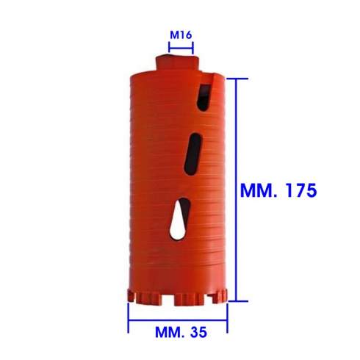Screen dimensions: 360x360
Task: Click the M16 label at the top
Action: click(181, 35)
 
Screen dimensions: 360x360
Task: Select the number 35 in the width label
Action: click(198, 332)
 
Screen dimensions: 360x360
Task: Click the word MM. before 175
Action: click(259, 190)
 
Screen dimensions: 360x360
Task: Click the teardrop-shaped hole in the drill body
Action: click(179, 219)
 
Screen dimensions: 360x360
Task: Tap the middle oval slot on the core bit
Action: click(192, 154)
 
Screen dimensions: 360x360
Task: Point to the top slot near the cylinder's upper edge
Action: click(204, 98)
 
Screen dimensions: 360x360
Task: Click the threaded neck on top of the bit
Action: click(178, 62)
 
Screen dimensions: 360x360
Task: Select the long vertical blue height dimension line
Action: click(237, 190)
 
